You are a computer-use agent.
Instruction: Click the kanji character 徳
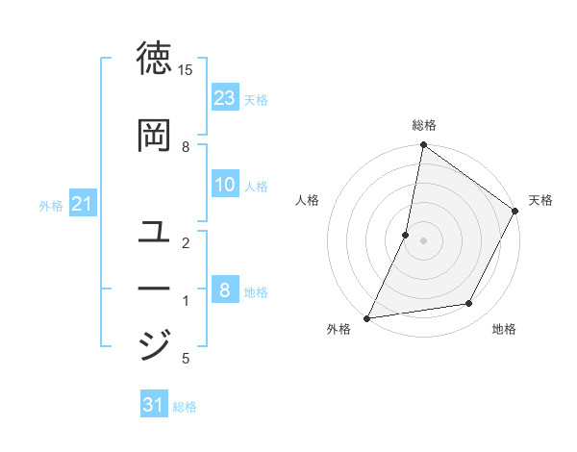click(x=155, y=59)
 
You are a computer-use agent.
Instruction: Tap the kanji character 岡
click(x=155, y=136)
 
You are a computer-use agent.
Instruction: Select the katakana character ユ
click(x=155, y=232)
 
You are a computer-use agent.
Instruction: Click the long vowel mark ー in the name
click(x=155, y=289)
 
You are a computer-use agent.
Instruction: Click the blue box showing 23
click(x=225, y=97)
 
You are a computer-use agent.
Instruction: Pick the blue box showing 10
click(x=225, y=185)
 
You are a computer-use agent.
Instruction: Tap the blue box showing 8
click(x=225, y=289)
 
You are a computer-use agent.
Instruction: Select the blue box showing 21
click(x=82, y=204)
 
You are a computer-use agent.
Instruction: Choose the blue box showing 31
click(x=154, y=405)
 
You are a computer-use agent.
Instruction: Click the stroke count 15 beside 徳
click(x=186, y=70)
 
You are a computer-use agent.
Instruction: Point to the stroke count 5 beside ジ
click(x=186, y=359)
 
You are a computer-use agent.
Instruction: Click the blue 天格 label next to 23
click(x=256, y=99)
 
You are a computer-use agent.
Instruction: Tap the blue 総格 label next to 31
click(x=185, y=407)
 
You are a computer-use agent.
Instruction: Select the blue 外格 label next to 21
click(x=51, y=205)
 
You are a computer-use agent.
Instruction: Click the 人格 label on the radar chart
click(x=307, y=200)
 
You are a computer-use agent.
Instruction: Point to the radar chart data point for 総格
click(x=423, y=145)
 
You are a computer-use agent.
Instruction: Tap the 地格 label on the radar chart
click(x=504, y=329)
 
